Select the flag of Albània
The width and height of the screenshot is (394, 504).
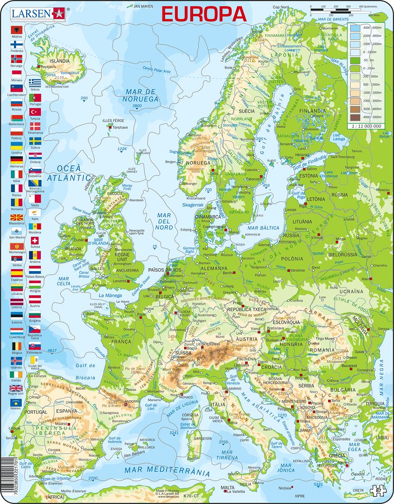tap(17, 30)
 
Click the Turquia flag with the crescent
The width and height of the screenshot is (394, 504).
tap(35, 111)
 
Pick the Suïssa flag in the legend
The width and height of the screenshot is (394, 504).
tap(35, 241)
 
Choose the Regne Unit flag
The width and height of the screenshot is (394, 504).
tap(17, 388)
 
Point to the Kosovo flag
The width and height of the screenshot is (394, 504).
tap(17, 403)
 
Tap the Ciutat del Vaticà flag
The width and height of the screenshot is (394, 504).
tap(35, 360)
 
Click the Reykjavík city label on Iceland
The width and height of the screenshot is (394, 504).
tap(48, 67)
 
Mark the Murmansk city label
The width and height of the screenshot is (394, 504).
tap(330, 28)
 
